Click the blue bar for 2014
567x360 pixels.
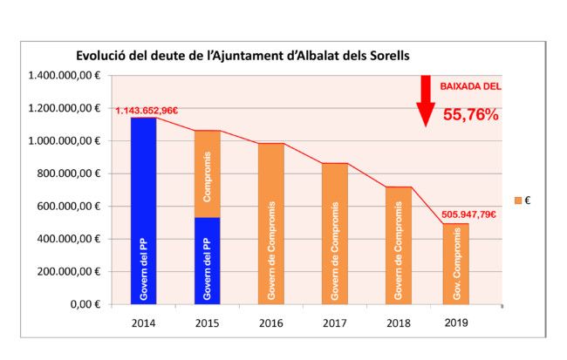(x=143, y=211)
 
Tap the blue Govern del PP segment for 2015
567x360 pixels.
(x=207, y=261)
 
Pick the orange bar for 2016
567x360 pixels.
(x=270, y=223)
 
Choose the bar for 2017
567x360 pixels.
(x=334, y=234)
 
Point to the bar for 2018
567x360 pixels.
(x=398, y=246)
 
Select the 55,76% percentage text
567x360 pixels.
(x=470, y=114)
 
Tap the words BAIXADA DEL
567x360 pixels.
(x=470, y=87)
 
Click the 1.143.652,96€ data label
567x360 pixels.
(x=147, y=110)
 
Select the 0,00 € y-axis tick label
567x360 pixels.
(x=86, y=304)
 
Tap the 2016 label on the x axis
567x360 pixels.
(x=270, y=322)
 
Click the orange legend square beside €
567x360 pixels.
(x=517, y=200)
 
